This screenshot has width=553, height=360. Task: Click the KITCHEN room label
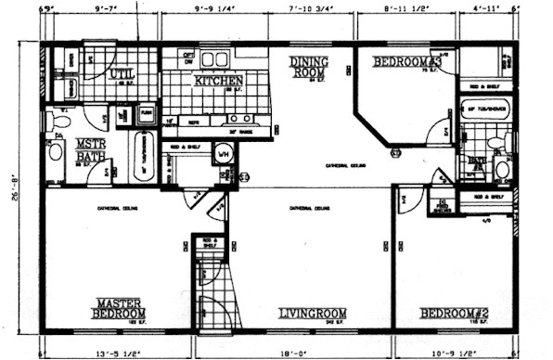coord(219,81)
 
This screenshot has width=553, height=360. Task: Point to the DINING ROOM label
coord(308,67)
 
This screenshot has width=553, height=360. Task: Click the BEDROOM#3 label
coord(405,62)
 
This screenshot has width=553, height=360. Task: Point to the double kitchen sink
coord(239,119)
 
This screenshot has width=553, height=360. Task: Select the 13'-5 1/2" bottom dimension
coord(117,353)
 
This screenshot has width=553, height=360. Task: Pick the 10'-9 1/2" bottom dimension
coord(456,353)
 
